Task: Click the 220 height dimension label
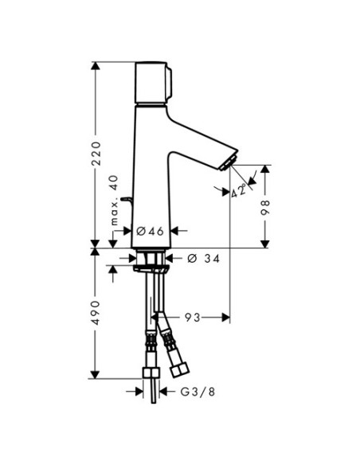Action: coord(96,154)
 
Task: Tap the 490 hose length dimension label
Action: coord(96,313)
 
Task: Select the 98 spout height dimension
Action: coord(264,207)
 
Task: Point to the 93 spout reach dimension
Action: coord(193,318)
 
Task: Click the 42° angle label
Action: coord(239,190)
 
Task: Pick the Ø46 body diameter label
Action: coord(150,231)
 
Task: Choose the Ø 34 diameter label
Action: coord(204,258)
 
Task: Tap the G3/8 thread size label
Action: coord(198,392)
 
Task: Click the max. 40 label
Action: coord(114,200)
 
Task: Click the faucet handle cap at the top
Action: coord(153,83)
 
